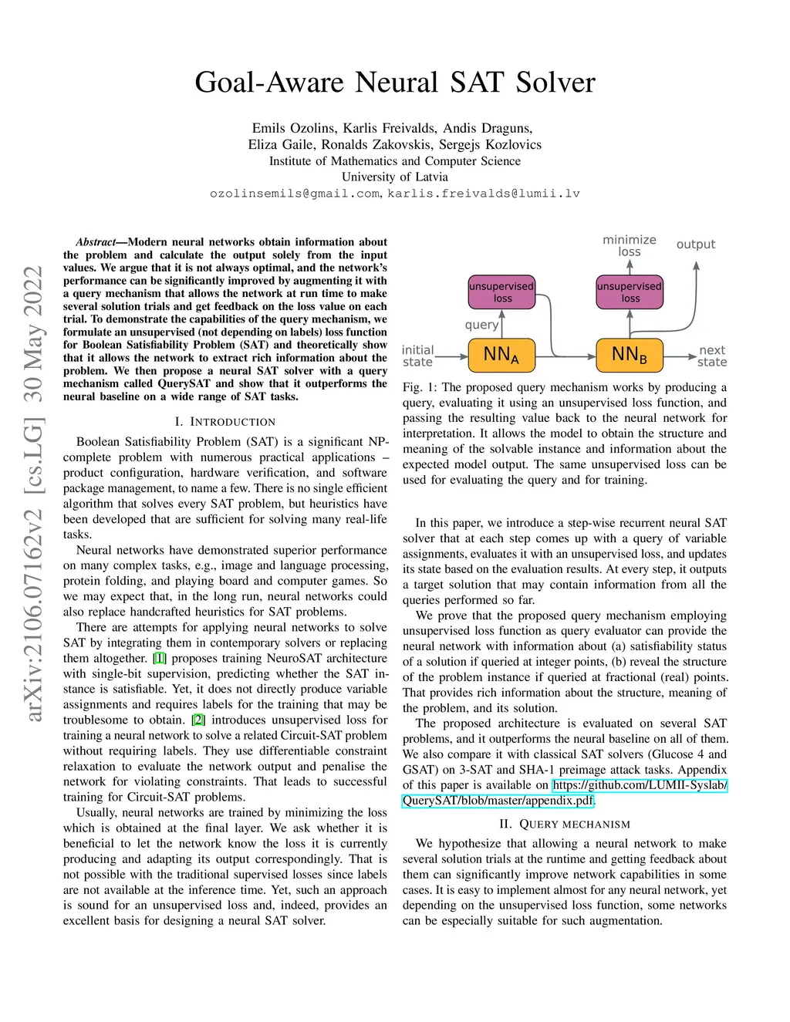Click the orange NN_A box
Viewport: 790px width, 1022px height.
[501, 355]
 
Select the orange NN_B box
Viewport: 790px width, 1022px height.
[630, 355]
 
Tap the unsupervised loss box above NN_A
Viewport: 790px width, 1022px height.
[501, 292]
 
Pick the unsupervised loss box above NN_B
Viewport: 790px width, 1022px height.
[630, 292]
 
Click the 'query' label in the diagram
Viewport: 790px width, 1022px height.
[481, 325]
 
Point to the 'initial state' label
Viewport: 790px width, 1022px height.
[417, 356]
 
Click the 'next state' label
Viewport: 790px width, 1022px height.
[711, 356]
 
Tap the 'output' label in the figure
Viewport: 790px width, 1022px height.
[696, 245]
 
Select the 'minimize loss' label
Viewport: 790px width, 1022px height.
[630, 245]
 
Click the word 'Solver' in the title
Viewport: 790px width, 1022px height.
[555, 83]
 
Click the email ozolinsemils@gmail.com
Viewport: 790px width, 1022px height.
[294, 194]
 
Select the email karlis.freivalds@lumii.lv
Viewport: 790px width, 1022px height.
[484, 194]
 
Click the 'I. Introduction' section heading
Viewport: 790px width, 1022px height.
[225, 422]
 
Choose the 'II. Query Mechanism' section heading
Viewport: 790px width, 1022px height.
[565, 825]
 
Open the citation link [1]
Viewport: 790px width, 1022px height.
[160, 659]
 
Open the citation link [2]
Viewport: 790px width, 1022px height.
[198, 720]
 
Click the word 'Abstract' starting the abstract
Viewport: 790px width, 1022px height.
[96, 242]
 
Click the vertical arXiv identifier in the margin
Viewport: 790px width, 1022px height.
[32, 494]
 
